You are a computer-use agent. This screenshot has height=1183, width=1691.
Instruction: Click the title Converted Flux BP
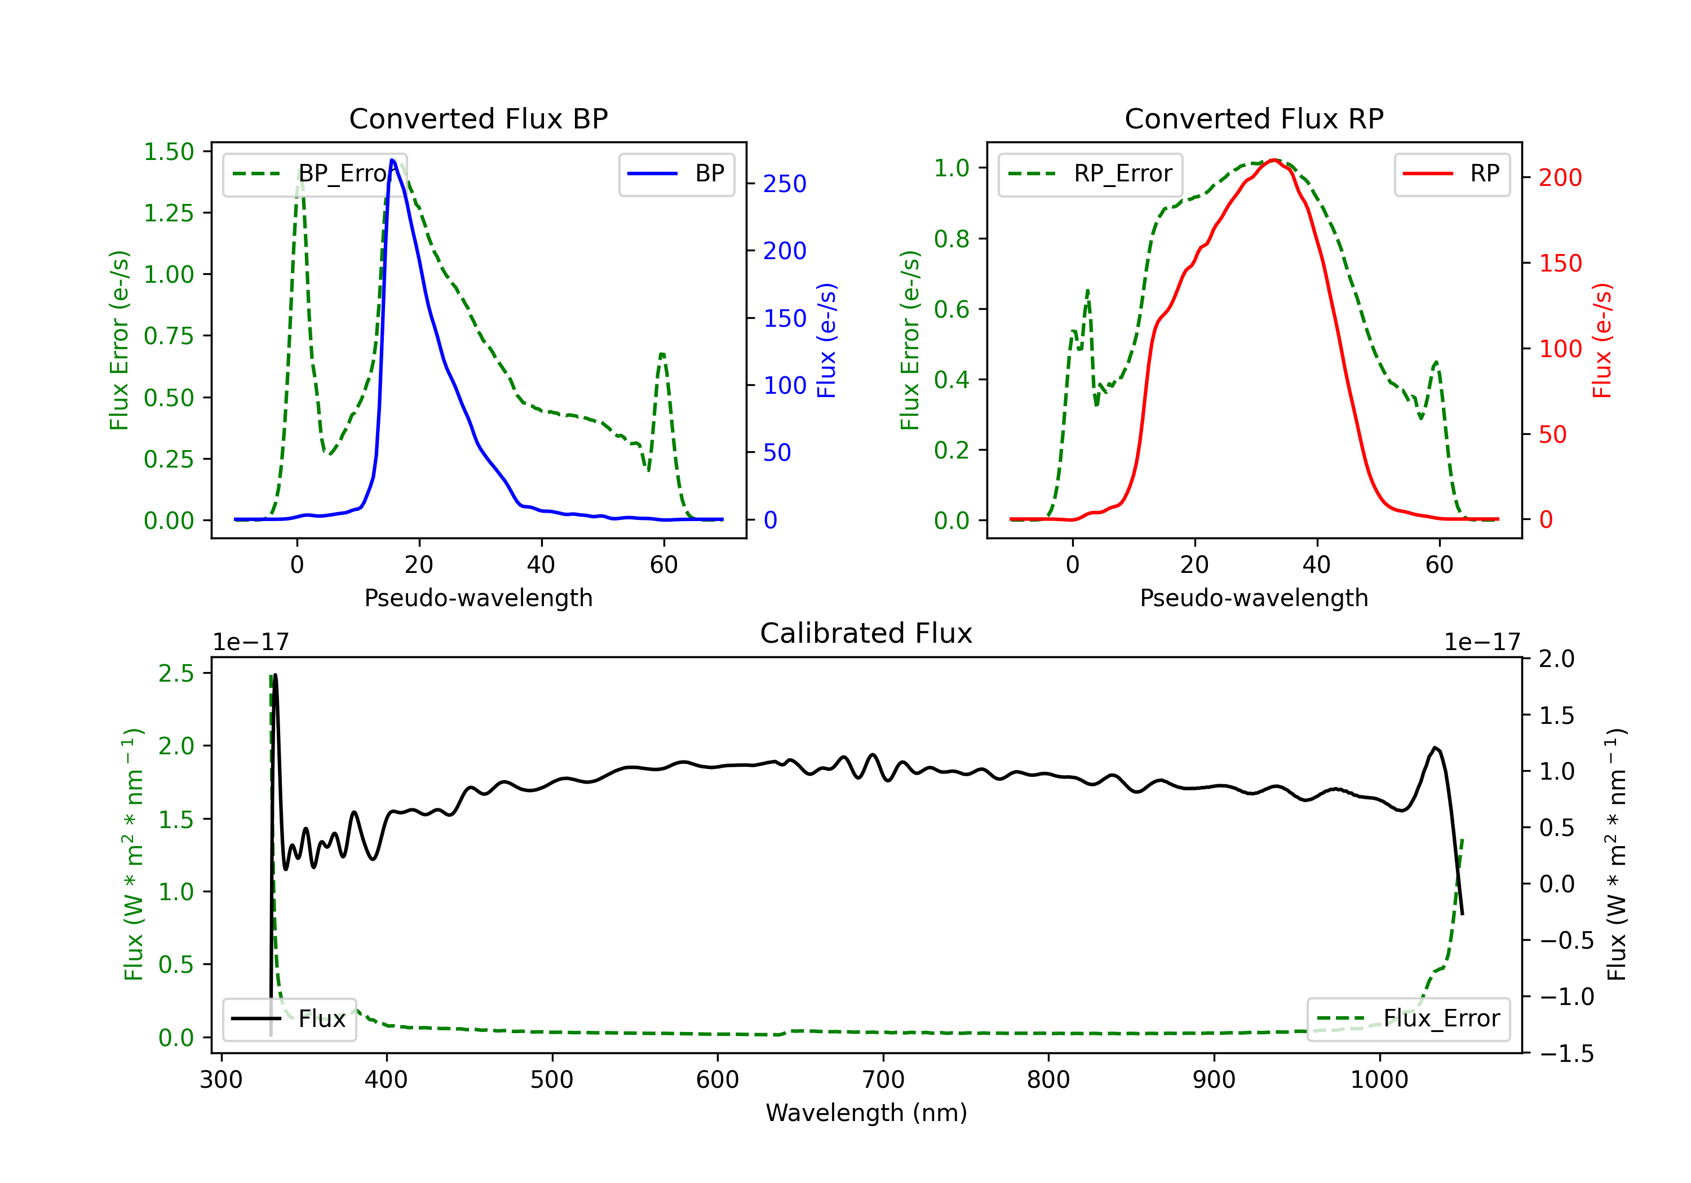coord(478,118)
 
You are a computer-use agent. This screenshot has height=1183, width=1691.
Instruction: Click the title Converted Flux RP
coord(1254,118)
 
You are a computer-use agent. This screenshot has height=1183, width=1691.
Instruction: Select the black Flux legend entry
coord(290,1019)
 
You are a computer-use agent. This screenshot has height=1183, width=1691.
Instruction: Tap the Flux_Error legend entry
coord(1408,1019)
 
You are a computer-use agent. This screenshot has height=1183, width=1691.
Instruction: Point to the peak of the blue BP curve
coord(392,160)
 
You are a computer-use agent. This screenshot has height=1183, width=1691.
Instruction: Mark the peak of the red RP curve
coord(1273,160)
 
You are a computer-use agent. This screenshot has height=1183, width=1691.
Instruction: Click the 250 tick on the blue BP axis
coord(785,184)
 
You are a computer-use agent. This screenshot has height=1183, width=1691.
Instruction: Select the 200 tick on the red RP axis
coord(1560,177)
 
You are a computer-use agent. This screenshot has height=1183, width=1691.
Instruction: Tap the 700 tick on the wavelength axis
coord(882,1080)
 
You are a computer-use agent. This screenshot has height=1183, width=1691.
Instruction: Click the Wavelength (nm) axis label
coord(866,1113)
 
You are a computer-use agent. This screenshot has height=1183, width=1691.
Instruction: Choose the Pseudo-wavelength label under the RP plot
coord(1254,598)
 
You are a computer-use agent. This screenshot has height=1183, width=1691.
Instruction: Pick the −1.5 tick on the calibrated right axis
coord(1566,1053)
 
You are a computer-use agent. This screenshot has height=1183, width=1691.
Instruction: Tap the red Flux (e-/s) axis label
coord(1603,340)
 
